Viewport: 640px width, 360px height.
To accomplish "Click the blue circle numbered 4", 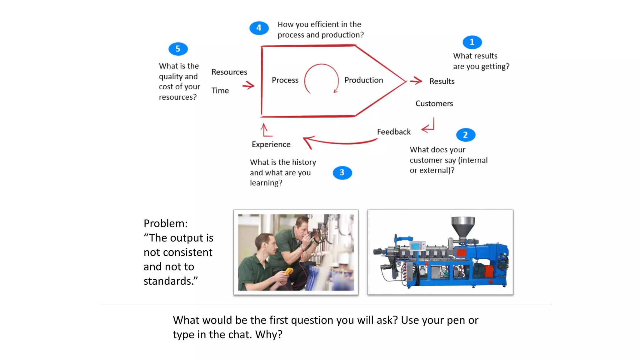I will tap(259, 28).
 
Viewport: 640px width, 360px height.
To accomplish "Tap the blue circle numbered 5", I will tap(178, 49).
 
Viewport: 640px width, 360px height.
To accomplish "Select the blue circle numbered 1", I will tap(472, 42).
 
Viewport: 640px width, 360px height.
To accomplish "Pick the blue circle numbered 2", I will tap(465, 135).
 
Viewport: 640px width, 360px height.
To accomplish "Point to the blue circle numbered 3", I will tap(342, 172).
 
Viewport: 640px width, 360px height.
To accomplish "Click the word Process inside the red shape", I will tap(285, 80).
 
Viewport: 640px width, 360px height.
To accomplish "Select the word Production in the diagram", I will tap(363, 80).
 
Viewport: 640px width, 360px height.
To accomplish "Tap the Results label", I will tap(442, 82).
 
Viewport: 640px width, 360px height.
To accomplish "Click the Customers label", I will tap(434, 104).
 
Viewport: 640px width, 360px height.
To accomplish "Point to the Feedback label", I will tap(394, 132).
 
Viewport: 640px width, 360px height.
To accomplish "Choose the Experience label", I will tap(271, 144).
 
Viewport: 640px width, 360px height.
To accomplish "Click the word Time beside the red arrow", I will tap(220, 91).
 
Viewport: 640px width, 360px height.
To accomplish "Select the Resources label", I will tap(229, 72).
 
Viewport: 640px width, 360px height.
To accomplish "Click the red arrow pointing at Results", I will tap(416, 81).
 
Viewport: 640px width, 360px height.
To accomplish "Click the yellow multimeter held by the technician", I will tap(288, 271).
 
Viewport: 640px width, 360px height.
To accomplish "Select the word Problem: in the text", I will tap(166, 223).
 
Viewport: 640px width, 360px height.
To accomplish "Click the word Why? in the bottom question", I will tap(269, 335).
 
